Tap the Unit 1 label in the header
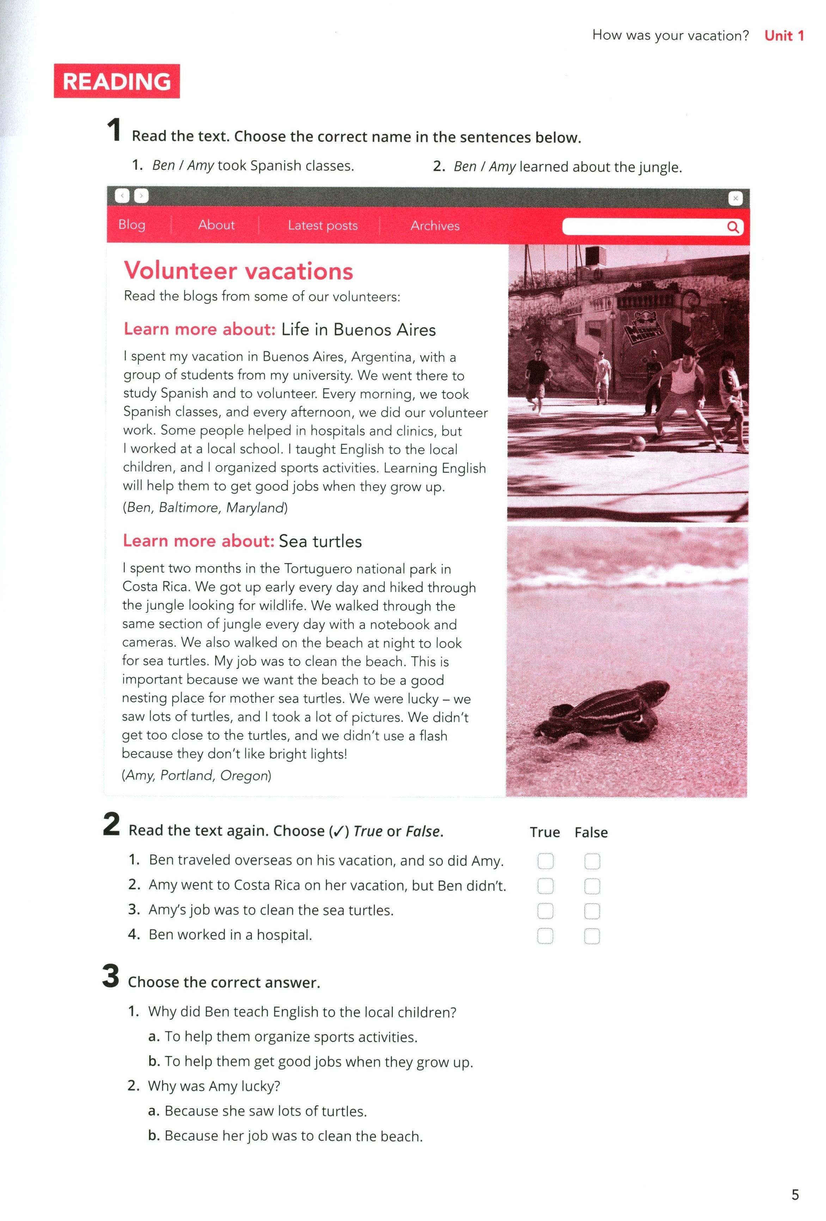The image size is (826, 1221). point(783,36)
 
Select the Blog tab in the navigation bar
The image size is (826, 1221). point(132,225)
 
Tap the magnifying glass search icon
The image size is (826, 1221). point(733,227)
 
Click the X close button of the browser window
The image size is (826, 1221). point(735,199)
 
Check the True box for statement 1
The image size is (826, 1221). point(545,861)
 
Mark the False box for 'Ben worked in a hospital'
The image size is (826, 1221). point(592,936)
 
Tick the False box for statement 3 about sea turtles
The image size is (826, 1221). point(592,911)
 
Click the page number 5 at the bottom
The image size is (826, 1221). point(795,1195)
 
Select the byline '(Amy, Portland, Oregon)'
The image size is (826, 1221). point(196,775)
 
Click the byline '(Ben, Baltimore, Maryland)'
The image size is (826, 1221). point(205,507)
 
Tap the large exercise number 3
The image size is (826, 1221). point(111,976)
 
